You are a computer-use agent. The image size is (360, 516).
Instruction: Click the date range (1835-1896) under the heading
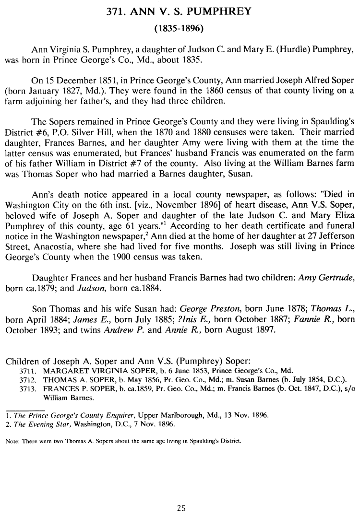coord(180,28)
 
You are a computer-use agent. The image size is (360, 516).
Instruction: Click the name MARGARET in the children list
coord(62,371)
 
